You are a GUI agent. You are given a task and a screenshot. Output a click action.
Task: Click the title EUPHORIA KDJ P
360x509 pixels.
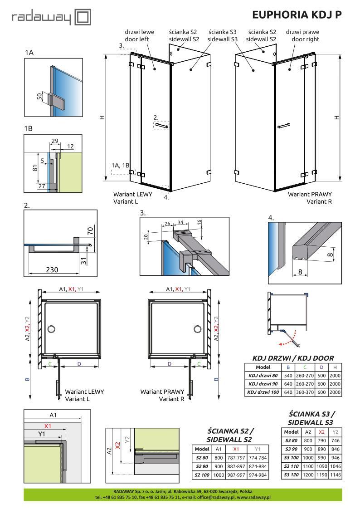click(x=297, y=15)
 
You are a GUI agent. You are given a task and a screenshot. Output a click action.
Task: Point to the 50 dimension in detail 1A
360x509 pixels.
click(x=40, y=96)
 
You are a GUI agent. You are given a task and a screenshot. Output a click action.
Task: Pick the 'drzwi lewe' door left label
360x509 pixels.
click(x=137, y=33)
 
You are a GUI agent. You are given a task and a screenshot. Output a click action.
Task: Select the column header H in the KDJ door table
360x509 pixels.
click(x=335, y=367)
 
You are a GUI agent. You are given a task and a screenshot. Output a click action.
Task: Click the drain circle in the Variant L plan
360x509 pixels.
click(x=51, y=328)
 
